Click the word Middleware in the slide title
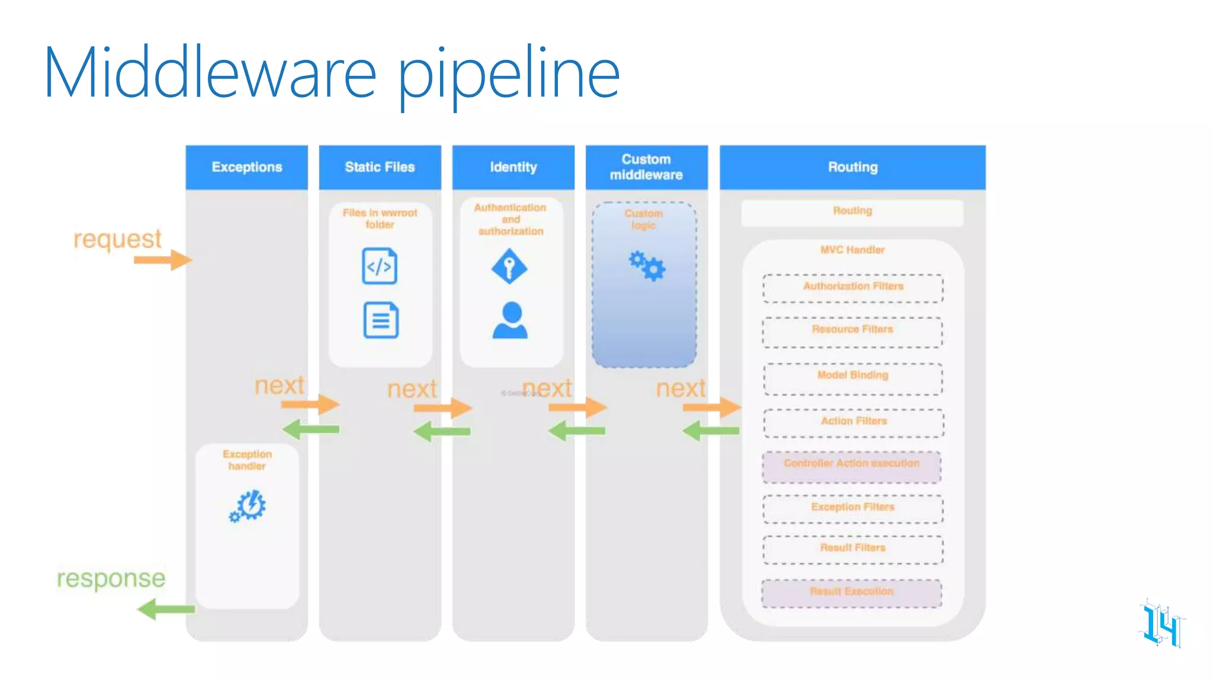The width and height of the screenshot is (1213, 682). click(x=210, y=73)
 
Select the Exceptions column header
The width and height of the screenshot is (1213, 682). click(x=247, y=167)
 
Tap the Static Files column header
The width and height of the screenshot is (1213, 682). click(x=380, y=167)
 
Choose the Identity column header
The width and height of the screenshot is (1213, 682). click(x=513, y=167)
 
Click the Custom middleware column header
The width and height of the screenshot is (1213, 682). click(x=646, y=167)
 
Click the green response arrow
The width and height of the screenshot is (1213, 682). click(x=166, y=609)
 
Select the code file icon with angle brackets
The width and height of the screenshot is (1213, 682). click(x=380, y=266)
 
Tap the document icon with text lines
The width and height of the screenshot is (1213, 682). click(x=381, y=320)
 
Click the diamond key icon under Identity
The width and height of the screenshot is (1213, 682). click(x=509, y=266)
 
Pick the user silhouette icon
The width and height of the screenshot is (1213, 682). click(x=510, y=320)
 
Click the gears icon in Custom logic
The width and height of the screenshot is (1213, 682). click(x=647, y=266)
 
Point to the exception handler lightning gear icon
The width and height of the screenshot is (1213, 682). click(x=248, y=506)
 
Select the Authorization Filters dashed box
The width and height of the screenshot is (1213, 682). click(x=853, y=288)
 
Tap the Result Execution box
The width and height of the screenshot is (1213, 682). click(x=852, y=593)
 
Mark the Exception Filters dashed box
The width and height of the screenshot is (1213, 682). click(x=853, y=509)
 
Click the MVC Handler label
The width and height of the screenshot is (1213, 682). click(x=852, y=250)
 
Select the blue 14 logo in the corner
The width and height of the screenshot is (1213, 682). click(x=1161, y=625)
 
